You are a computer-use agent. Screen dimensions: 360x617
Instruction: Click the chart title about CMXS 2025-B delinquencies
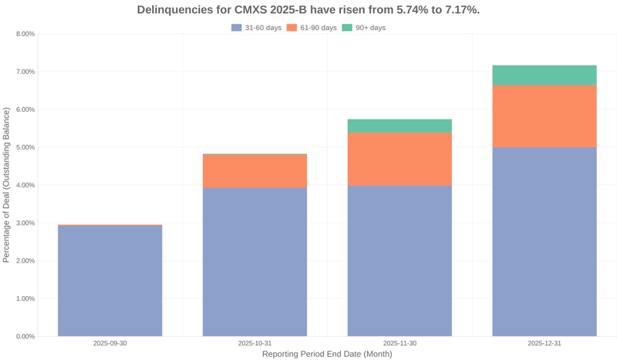(308, 10)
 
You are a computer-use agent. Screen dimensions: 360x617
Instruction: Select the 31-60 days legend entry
(256, 28)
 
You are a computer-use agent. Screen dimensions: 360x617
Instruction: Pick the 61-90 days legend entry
(312, 28)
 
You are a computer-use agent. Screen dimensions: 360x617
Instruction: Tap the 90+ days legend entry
(363, 28)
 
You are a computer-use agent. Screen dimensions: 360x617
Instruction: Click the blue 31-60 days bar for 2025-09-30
(110, 281)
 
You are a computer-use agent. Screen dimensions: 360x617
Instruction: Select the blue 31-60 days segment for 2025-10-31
(255, 262)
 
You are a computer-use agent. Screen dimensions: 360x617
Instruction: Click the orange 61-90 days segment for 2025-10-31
(255, 171)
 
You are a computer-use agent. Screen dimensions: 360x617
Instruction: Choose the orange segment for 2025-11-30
(400, 159)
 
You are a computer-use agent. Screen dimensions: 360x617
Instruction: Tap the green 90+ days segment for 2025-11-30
(400, 126)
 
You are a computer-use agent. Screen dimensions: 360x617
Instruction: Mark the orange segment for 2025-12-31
(545, 116)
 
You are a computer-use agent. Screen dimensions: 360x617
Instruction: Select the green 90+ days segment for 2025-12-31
(545, 76)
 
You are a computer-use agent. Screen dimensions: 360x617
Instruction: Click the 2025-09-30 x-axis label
(110, 343)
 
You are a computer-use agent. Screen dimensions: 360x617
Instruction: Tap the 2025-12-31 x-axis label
(545, 343)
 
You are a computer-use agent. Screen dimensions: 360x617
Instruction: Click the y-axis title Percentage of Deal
(7, 185)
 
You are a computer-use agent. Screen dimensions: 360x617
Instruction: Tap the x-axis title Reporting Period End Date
(327, 354)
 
